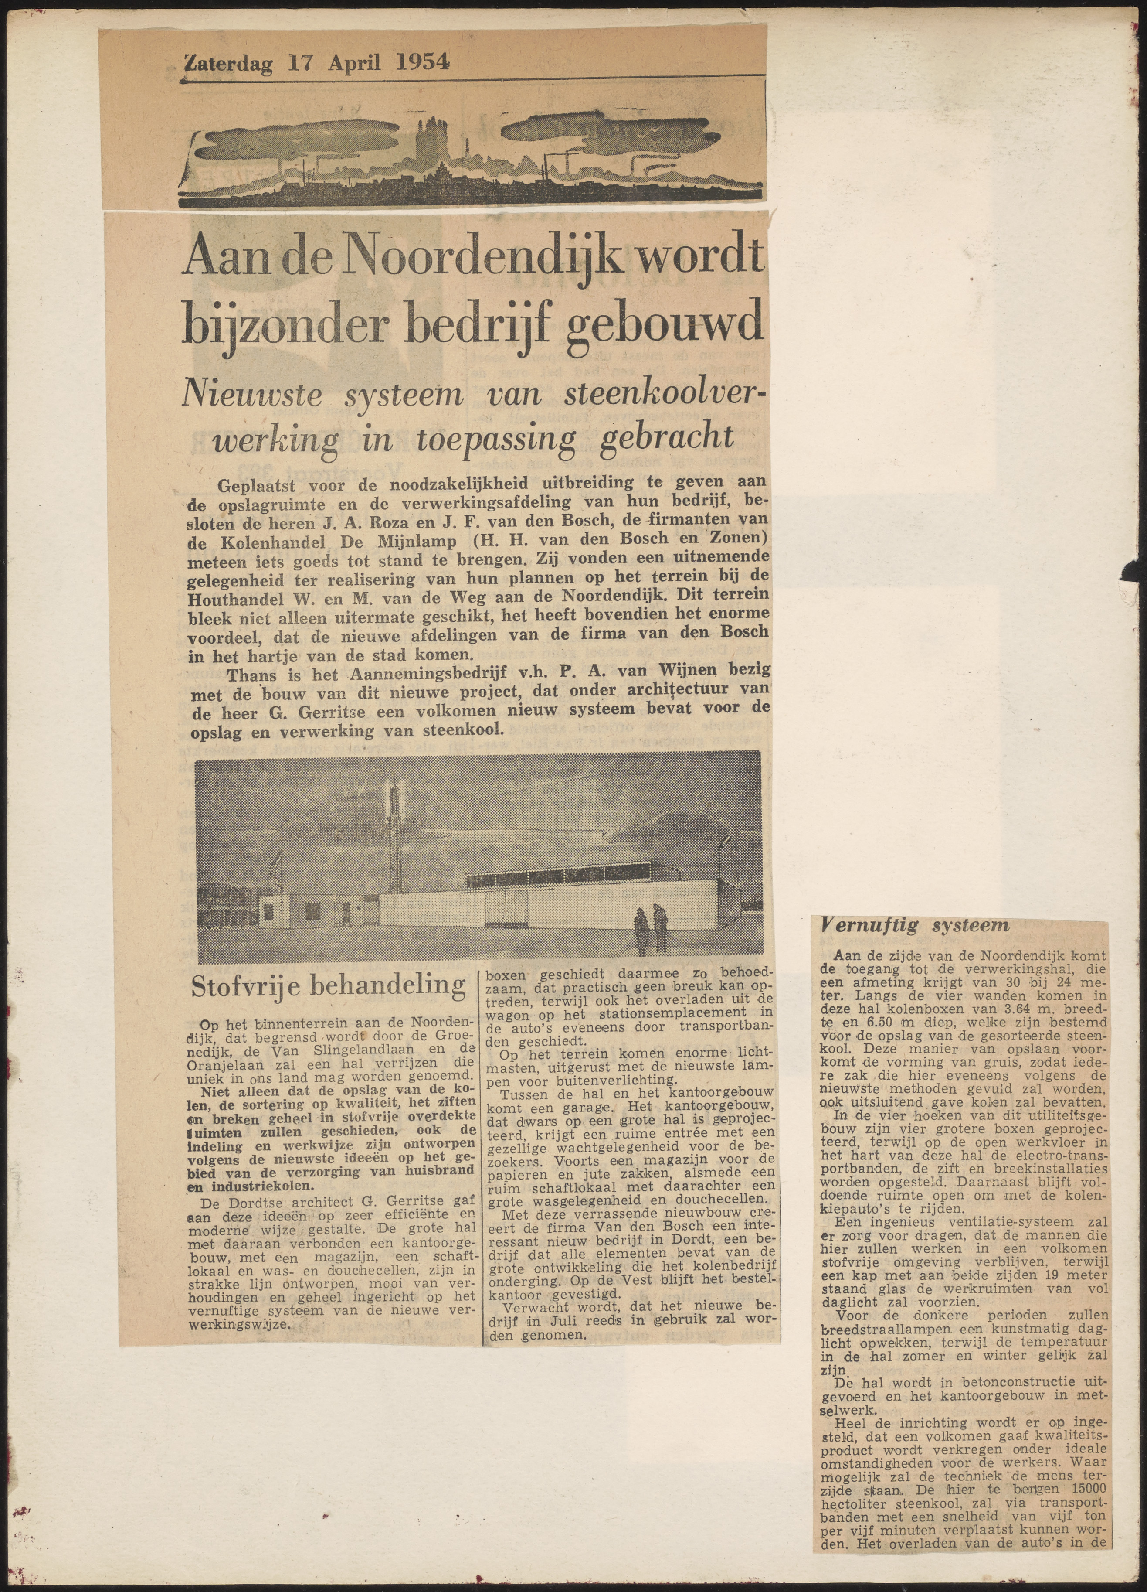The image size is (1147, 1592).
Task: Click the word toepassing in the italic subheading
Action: point(495,440)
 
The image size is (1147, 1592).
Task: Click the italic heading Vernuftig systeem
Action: point(916,926)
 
